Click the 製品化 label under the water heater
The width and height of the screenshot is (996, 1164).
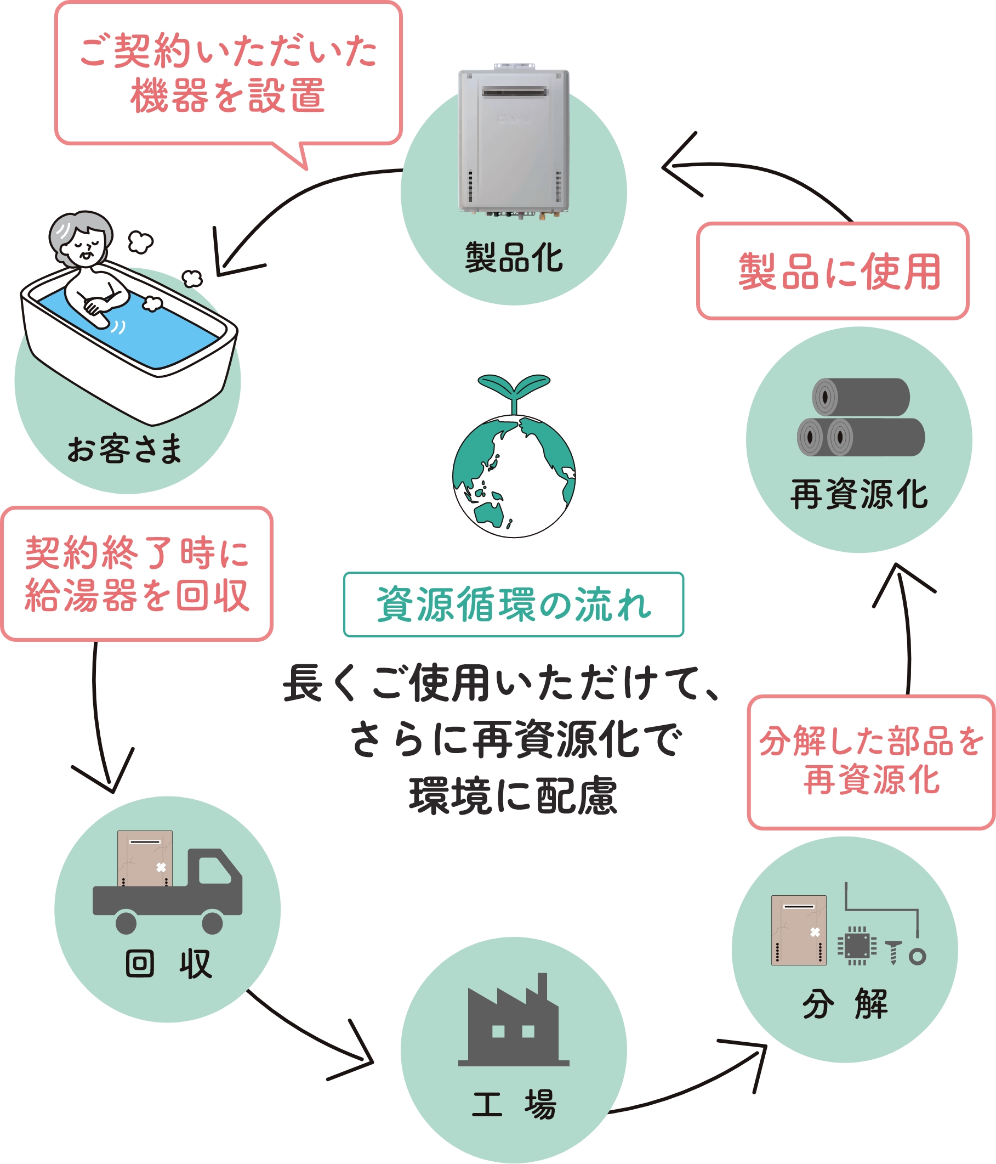coord(513,258)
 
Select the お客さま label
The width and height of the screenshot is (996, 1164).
coord(124,449)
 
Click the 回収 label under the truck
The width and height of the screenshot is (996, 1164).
coord(168,964)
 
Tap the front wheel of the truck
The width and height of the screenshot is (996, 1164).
coord(212,923)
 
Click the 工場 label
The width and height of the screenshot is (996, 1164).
coord(513,1104)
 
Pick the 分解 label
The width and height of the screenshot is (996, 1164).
coord(845,1004)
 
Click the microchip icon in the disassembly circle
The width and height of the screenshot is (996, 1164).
coord(857,946)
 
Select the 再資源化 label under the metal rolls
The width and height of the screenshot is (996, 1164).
coord(859,494)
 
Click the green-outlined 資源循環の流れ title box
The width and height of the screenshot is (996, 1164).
coord(513,604)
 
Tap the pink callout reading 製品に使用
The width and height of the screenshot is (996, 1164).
coord(833,272)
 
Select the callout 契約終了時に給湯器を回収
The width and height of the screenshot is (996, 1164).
coord(137,574)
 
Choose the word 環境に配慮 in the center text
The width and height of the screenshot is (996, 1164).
coord(513,796)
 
